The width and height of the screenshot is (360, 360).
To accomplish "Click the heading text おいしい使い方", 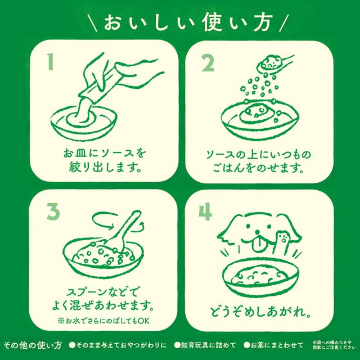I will pos(180,23).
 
